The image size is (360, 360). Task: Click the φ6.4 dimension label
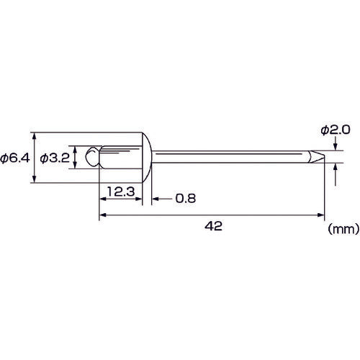coord(15,158)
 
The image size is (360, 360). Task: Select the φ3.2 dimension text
coord(55,158)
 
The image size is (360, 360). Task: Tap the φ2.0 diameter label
coord(336,130)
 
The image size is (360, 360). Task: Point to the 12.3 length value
coord(121,192)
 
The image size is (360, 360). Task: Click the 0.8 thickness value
coord(186,199)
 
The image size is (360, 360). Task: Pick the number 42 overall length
coord(213,226)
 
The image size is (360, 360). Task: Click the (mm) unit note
coord(343,229)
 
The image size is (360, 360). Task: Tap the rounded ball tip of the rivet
coord(92,156)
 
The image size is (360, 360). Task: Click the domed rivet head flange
coord(147,158)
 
